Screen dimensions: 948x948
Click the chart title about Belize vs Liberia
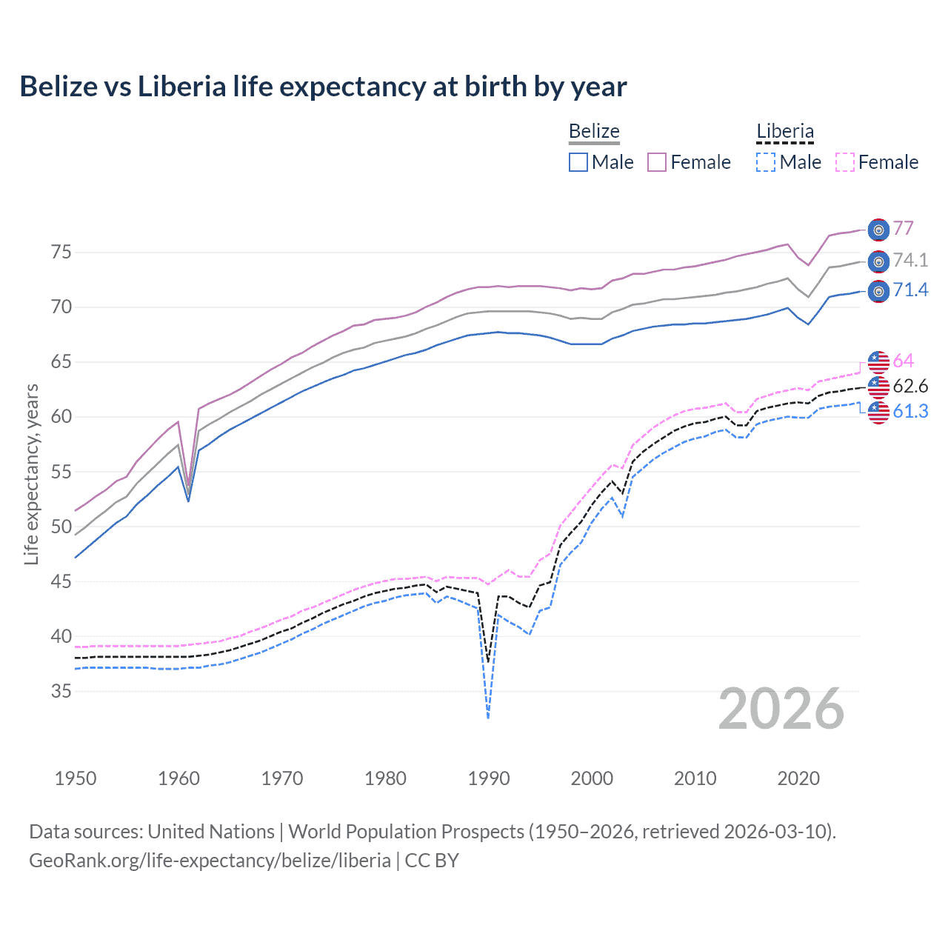323,87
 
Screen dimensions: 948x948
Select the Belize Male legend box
578,162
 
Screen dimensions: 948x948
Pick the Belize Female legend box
657,162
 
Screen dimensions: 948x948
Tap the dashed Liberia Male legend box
767,162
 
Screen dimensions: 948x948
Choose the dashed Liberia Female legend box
845,162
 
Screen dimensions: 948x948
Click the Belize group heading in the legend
594,132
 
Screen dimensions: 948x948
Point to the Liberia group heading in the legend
785,132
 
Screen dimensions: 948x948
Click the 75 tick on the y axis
61,253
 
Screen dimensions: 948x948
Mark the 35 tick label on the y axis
61,692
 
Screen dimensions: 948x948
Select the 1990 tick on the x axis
489,778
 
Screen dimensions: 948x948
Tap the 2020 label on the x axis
798,778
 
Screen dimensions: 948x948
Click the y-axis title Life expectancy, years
32,474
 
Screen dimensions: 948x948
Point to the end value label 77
903,228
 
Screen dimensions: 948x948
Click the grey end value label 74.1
910,260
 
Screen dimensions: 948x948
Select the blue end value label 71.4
910,290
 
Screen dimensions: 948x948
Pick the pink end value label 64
903,361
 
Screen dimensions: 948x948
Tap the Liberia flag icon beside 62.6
878,387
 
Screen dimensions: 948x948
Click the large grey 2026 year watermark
781,710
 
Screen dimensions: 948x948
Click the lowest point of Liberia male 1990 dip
488,718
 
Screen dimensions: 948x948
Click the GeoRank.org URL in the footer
210,861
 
